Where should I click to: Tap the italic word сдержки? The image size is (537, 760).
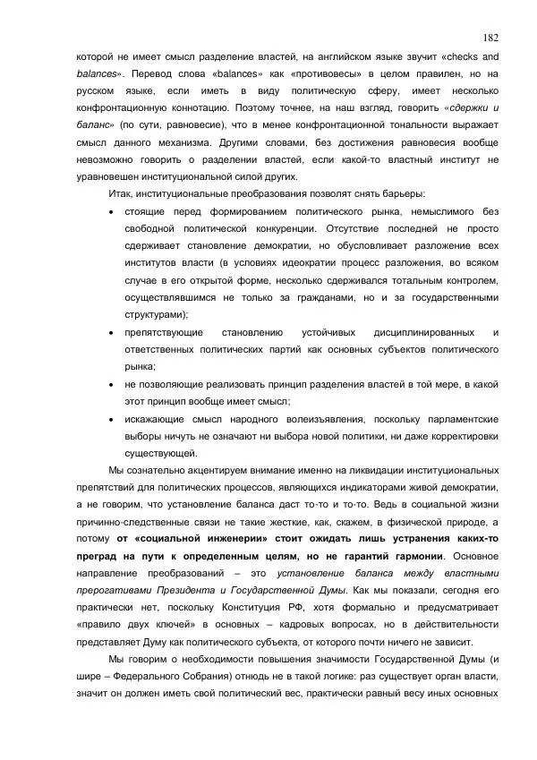point(460,107)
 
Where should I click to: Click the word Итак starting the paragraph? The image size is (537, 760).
point(120,194)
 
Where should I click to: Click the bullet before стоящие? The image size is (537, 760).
point(110,212)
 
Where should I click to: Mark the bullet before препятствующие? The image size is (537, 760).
point(110,332)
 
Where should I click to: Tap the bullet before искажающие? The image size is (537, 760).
point(110,419)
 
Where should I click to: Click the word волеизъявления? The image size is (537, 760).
point(320,419)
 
